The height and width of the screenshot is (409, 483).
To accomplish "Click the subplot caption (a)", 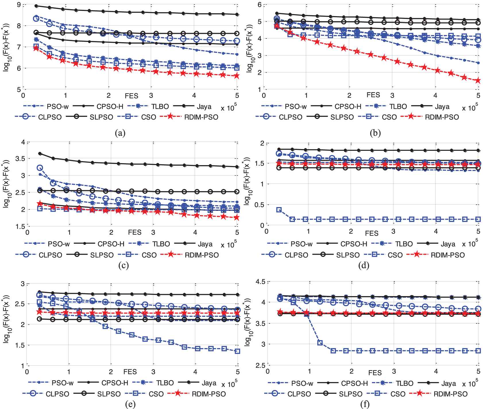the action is (x=120, y=133).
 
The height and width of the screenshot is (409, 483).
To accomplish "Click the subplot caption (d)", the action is (x=364, y=265).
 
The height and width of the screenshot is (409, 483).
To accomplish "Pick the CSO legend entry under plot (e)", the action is (x=144, y=394).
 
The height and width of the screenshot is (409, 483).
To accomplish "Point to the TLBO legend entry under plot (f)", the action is (x=393, y=383).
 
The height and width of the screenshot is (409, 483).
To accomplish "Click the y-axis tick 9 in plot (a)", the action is (x=19, y=5).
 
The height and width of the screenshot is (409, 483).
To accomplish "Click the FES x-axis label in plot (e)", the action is (x=130, y=372).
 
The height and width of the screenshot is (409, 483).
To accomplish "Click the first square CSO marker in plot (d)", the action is (x=279, y=210).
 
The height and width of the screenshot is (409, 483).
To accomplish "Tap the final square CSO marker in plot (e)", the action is (x=237, y=351).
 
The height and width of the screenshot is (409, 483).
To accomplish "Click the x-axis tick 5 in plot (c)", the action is (x=237, y=232).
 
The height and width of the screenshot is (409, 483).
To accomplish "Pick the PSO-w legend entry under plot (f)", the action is (x=290, y=383).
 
